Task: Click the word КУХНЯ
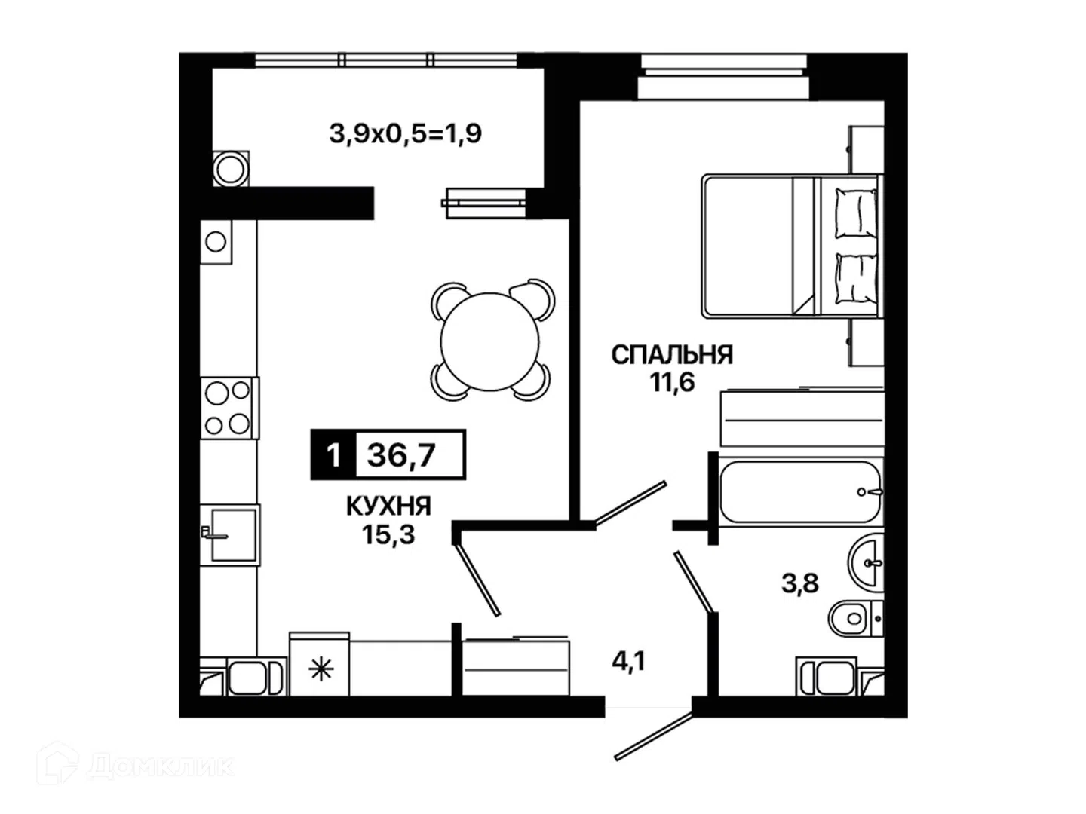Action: click(388, 506)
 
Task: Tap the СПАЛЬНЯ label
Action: click(672, 355)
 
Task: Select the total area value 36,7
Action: click(401, 454)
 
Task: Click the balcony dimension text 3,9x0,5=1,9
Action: click(405, 133)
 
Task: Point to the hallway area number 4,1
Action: click(629, 661)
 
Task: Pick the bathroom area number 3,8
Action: click(800, 583)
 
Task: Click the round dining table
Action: click(489, 341)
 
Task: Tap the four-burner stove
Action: click(229, 408)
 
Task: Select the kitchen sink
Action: click(231, 535)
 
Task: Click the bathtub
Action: click(800, 491)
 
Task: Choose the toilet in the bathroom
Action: click(855, 618)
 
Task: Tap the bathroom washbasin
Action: click(866, 562)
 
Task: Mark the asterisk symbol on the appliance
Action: click(321, 670)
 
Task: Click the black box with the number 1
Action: click(333, 454)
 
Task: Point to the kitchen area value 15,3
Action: click(388, 534)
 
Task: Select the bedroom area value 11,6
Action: click(673, 382)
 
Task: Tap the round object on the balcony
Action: click(231, 169)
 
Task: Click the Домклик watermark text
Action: click(160, 767)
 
